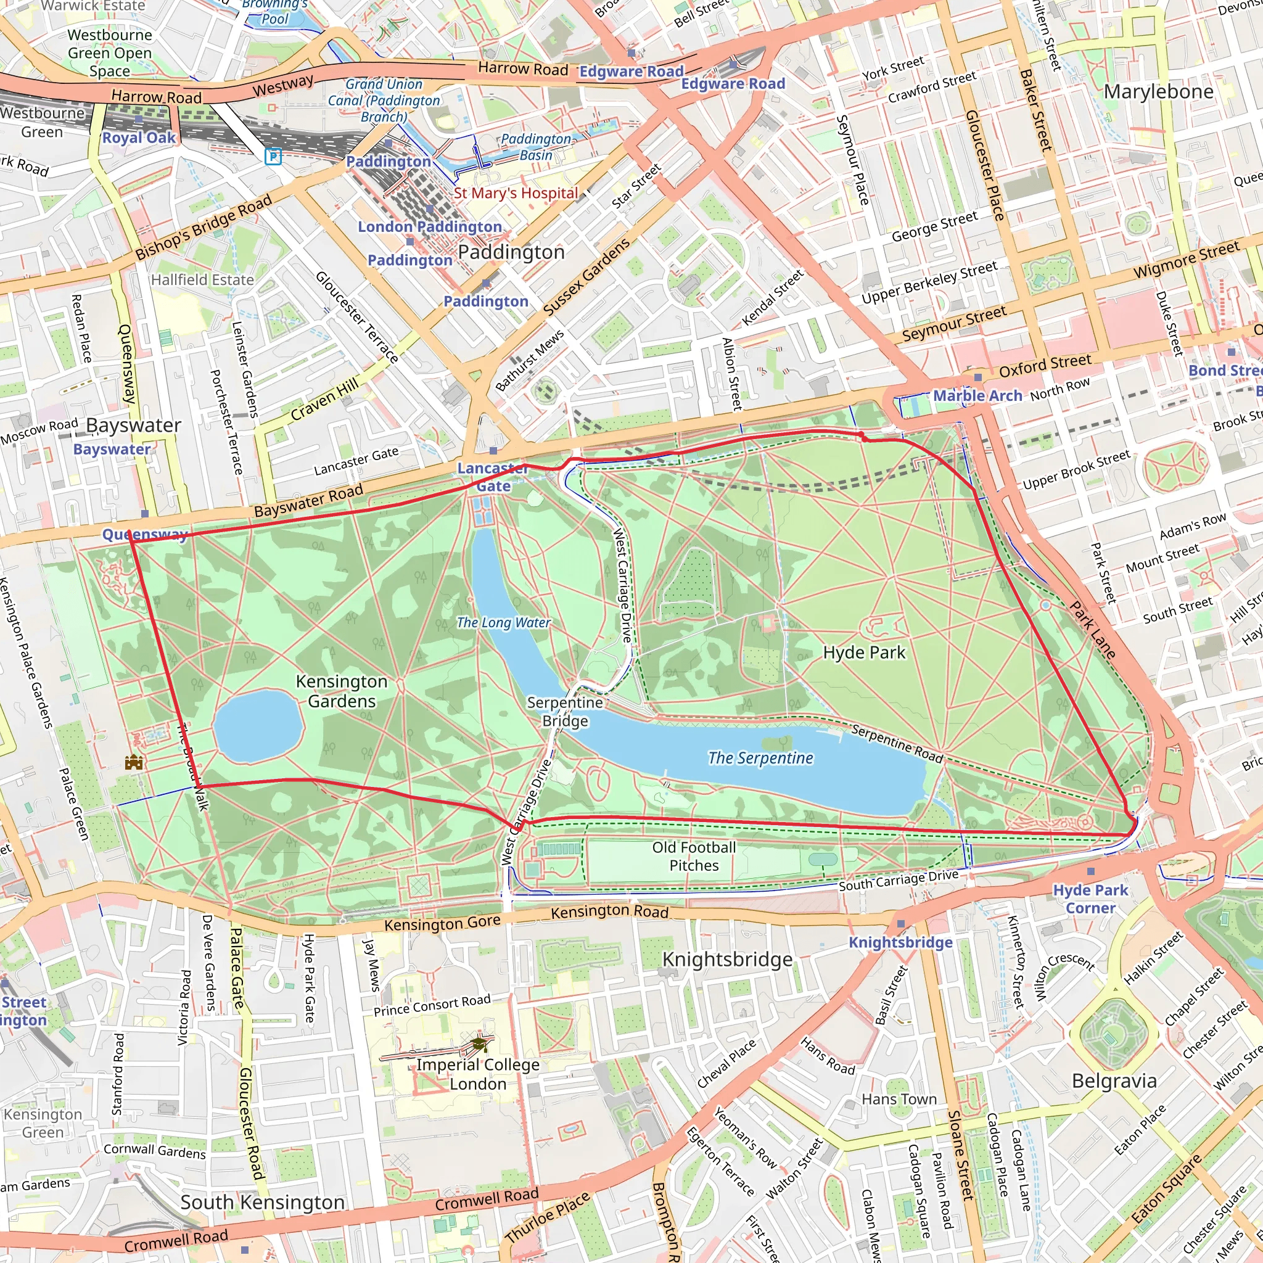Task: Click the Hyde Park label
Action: tap(863, 652)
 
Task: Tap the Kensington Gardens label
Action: tap(341, 691)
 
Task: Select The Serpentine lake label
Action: tap(760, 758)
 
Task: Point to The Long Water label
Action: tap(503, 622)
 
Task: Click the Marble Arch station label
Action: tap(977, 395)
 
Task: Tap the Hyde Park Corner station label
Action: tap(1090, 899)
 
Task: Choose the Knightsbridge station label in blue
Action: tap(900, 942)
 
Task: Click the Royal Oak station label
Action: tap(139, 138)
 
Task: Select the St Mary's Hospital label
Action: tap(516, 193)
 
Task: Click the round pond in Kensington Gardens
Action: tap(258, 726)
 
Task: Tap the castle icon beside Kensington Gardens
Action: tap(134, 762)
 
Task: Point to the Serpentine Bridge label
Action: tap(565, 711)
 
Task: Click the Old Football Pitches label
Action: tap(694, 857)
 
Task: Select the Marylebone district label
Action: tap(1158, 91)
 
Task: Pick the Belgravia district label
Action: tap(1114, 1080)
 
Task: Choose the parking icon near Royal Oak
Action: tap(273, 156)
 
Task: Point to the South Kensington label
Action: tap(262, 1202)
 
